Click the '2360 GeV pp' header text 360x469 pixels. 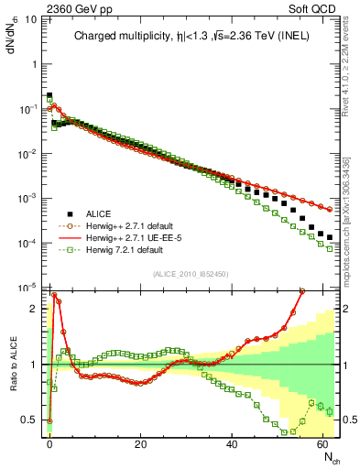[x=38, y=7]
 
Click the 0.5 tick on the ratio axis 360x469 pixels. [x=31, y=420]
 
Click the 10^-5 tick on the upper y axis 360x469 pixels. [x=27, y=287]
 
